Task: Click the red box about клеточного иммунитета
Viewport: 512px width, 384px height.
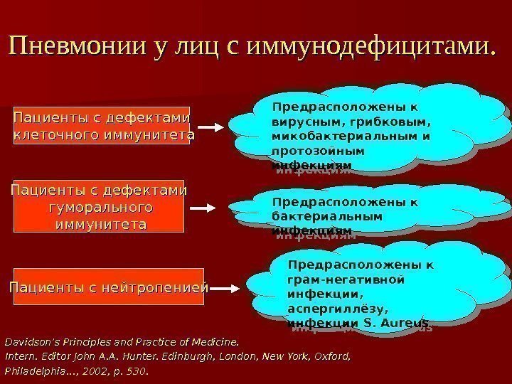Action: click(x=103, y=125)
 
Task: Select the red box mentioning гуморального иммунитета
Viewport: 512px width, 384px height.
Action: click(x=99, y=207)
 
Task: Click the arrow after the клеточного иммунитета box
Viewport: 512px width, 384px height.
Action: click(x=211, y=127)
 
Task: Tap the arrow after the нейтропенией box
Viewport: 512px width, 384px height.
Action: click(x=226, y=288)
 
